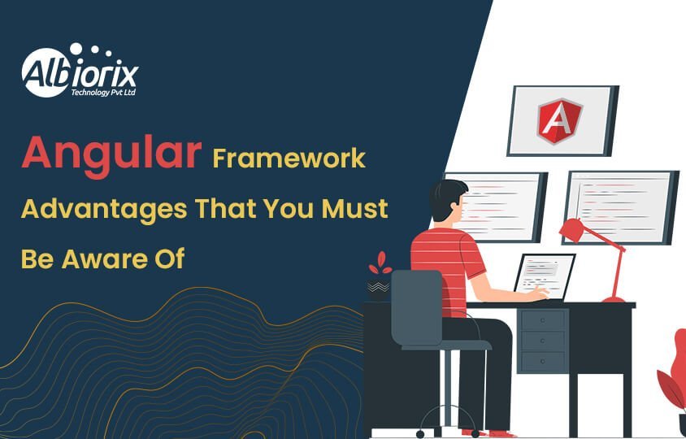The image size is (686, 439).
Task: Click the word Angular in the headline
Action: (x=111, y=154)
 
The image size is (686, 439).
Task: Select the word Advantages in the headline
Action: (x=103, y=208)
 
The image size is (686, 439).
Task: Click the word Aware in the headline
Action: (x=110, y=259)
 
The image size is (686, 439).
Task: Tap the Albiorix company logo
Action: (x=80, y=72)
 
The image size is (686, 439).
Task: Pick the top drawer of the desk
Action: (x=543, y=319)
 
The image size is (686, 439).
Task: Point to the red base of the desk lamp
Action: (x=614, y=298)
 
